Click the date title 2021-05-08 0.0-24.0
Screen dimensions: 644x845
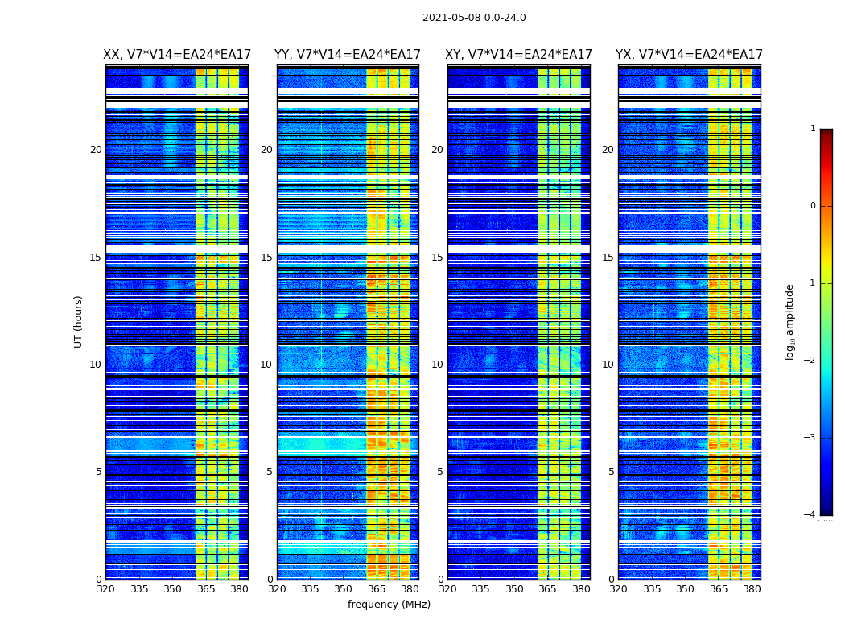click(474, 18)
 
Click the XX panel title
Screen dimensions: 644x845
click(177, 55)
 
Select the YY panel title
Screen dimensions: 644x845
click(348, 55)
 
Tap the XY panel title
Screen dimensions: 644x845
click(519, 55)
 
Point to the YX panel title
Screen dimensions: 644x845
click(689, 55)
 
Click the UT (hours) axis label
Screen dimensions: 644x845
click(79, 321)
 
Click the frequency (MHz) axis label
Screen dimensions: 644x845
click(389, 605)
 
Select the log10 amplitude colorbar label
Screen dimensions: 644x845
click(790, 321)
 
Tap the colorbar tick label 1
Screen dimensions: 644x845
click(813, 129)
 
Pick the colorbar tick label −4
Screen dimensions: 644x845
click(810, 515)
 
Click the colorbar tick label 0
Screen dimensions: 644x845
click(813, 206)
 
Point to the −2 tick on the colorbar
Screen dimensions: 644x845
click(810, 361)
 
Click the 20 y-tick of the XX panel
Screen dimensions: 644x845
click(96, 150)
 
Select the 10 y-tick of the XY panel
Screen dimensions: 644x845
click(437, 365)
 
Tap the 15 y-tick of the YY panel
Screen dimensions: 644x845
click(266, 258)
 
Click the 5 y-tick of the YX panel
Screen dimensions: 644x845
click(611, 472)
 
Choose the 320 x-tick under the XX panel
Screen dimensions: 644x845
click(105, 589)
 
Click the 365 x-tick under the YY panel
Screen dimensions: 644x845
click(377, 589)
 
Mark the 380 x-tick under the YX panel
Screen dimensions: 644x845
click(752, 589)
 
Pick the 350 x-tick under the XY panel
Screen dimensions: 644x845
click(514, 589)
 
